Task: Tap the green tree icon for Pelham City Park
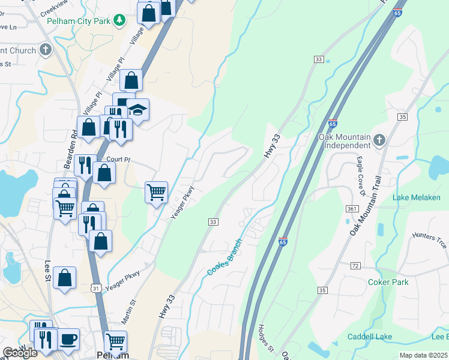pyautogui.click(x=120, y=20)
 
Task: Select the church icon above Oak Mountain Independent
pyautogui.click(x=378, y=140)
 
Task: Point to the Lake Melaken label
pyautogui.click(x=416, y=197)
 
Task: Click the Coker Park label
pyautogui.click(x=388, y=282)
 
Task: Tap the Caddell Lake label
pyautogui.click(x=369, y=337)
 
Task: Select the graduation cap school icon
pyautogui.click(x=138, y=109)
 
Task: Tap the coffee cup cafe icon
pyautogui.click(x=68, y=339)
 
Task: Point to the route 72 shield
pyautogui.click(x=355, y=265)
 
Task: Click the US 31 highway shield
pyautogui.click(x=96, y=289)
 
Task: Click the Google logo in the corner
pyautogui.click(x=20, y=353)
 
